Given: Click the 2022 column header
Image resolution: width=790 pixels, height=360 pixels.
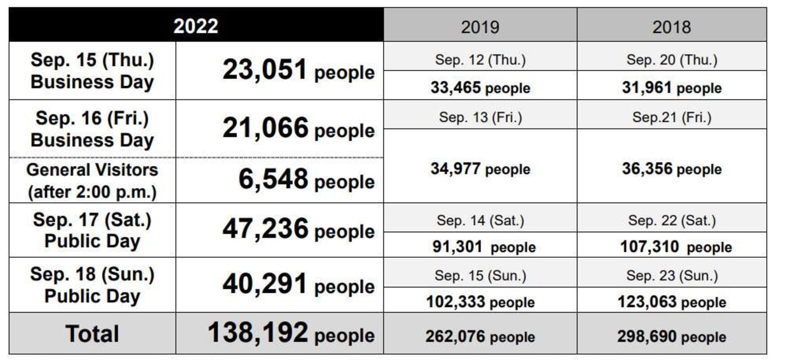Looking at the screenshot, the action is point(196,26).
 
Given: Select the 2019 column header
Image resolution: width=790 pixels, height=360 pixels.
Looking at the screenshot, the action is point(480,27).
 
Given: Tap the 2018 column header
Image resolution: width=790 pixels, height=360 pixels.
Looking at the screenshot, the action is point(671,27).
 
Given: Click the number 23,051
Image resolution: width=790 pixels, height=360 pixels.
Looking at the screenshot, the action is point(265,70).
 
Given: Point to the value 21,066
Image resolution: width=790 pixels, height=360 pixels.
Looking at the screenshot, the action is point(265,128).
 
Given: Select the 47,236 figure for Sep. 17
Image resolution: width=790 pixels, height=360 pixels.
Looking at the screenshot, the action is point(265,229).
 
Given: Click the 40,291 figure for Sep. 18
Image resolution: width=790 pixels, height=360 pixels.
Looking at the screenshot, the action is point(265,284).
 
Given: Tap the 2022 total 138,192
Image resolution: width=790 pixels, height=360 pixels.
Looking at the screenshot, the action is point(258,333).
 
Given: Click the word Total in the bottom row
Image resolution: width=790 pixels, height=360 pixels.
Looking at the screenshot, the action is point(92,334).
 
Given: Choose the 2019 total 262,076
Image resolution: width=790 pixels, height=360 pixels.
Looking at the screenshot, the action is point(455,337).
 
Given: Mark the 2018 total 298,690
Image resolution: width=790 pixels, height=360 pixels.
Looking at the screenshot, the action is point(647,337).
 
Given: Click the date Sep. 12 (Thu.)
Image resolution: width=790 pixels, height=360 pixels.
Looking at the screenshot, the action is point(480,60).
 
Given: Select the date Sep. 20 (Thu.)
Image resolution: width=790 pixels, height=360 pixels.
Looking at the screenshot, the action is point(672,60).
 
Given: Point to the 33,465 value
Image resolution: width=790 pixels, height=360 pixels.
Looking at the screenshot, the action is point(455,87).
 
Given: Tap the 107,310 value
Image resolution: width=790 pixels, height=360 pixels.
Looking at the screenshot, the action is point(649,247).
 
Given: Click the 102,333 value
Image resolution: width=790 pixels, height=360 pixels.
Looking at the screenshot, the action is point(455,302).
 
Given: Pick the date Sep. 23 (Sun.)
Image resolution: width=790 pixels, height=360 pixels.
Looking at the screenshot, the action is point(672,276).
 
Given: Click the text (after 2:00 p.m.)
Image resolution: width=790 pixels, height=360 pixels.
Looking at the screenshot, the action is point(92,192).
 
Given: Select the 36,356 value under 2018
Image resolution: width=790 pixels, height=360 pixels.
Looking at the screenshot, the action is point(647,169).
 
